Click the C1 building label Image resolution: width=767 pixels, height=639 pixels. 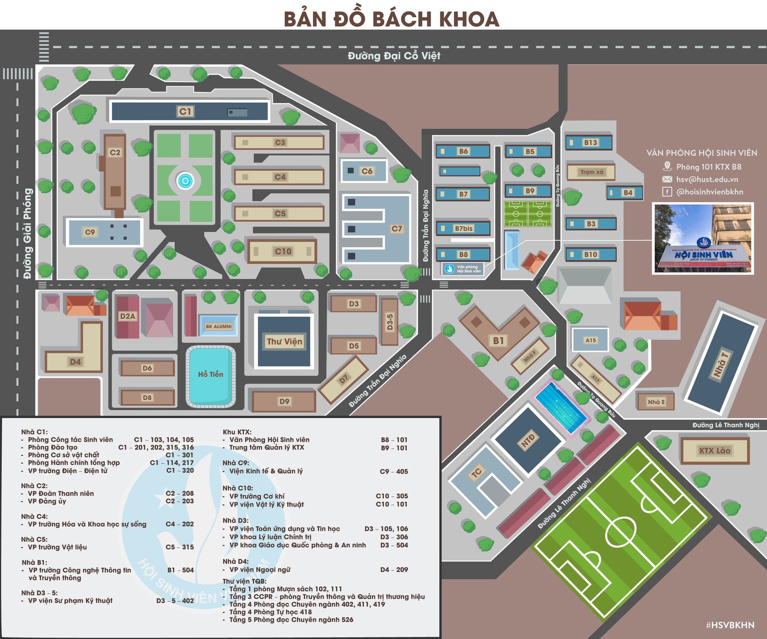point(185,111)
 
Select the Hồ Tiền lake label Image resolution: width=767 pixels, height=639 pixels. point(211,374)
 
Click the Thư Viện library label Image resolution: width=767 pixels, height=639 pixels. point(284,342)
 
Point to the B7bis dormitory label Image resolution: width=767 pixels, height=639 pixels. point(463,228)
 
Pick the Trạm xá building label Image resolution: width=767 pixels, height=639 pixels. point(591,172)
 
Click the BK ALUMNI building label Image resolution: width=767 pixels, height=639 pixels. point(219,326)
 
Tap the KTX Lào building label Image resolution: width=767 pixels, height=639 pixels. point(714,450)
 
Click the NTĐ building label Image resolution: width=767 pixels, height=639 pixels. point(528,441)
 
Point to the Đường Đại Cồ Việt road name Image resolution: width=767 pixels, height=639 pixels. point(394,56)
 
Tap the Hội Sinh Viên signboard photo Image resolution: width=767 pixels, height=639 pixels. point(703,238)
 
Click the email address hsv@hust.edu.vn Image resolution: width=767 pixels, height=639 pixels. point(707,179)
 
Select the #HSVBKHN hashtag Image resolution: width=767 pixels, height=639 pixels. point(730,625)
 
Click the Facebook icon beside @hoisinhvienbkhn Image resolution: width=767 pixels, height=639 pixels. point(667,192)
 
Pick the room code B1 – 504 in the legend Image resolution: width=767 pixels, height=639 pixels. point(180,570)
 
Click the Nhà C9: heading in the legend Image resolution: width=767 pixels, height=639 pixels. point(236,463)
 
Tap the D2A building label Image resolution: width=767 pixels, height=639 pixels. point(128,316)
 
